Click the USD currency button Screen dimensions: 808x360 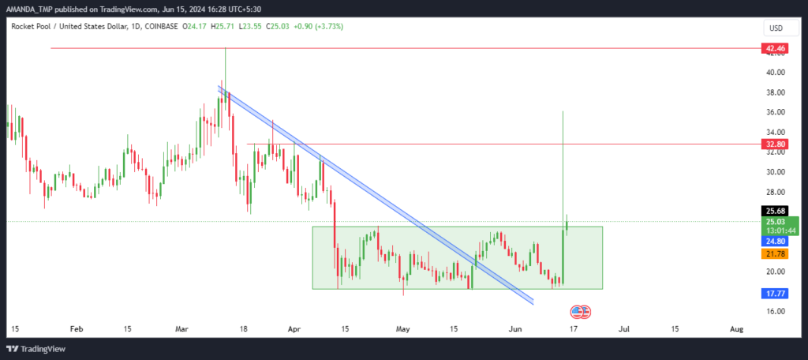[x=776, y=28]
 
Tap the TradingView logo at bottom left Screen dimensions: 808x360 [x=36, y=349]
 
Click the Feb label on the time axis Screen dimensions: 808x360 [x=77, y=328]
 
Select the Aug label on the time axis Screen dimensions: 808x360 [x=737, y=328]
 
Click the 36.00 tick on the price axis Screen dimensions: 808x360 [x=776, y=112]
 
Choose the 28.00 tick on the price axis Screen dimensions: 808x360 [x=776, y=192]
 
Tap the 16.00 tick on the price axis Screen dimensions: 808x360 [x=776, y=311]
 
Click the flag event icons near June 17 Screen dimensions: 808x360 [x=580, y=312]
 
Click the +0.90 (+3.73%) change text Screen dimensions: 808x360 [x=318, y=25]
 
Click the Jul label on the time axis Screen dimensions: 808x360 [x=624, y=328]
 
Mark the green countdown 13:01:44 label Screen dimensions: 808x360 [x=780, y=230]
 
